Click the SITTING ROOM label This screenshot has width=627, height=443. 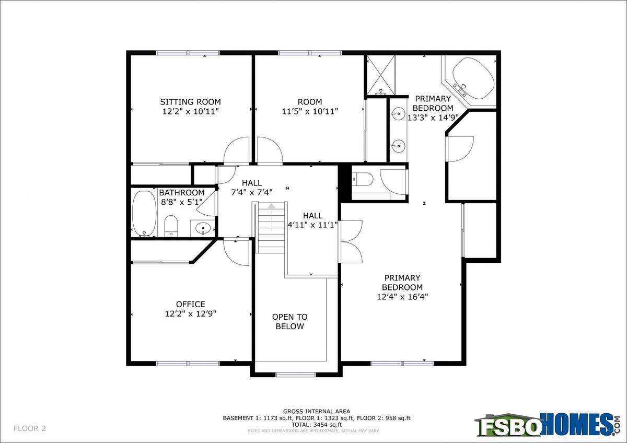[x=190, y=101]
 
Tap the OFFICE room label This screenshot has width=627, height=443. [x=190, y=304]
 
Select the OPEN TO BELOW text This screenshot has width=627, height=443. [x=289, y=322]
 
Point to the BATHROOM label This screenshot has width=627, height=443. [x=182, y=193]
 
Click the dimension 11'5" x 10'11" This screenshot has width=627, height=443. [x=310, y=111]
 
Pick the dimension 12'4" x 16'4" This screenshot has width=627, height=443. [x=402, y=296]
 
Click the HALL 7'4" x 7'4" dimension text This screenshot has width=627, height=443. [x=252, y=192]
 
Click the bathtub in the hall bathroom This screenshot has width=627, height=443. [x=144, y=214]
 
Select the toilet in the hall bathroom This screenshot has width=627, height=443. [x=171, y=226]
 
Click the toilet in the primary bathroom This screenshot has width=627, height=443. [x=363, y=179]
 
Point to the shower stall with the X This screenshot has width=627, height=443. [x=381, y=75]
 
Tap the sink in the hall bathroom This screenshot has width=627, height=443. [x=203, y=228]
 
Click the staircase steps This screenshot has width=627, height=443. [x=271, y=228]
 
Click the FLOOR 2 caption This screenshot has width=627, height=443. [x=30, y=428]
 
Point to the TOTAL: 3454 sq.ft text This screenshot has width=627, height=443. [x=317, y=425]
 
